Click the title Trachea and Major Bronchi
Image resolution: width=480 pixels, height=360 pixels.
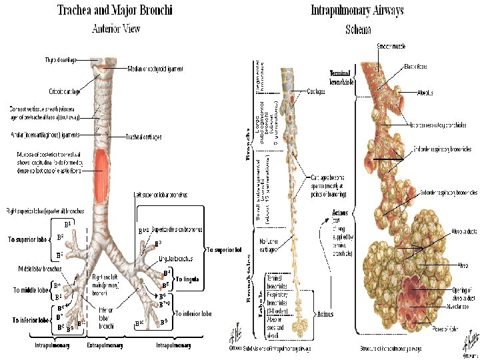pos(115,11)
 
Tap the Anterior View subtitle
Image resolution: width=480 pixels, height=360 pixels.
pos(116,29)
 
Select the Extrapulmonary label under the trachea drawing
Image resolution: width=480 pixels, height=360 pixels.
pos(105,345)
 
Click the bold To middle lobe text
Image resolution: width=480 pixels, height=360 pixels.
pos(31,291)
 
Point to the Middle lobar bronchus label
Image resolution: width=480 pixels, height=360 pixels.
pos(40,269)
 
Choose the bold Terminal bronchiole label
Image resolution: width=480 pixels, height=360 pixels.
pos(341,77)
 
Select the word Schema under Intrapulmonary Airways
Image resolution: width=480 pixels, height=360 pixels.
pos(358,29)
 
